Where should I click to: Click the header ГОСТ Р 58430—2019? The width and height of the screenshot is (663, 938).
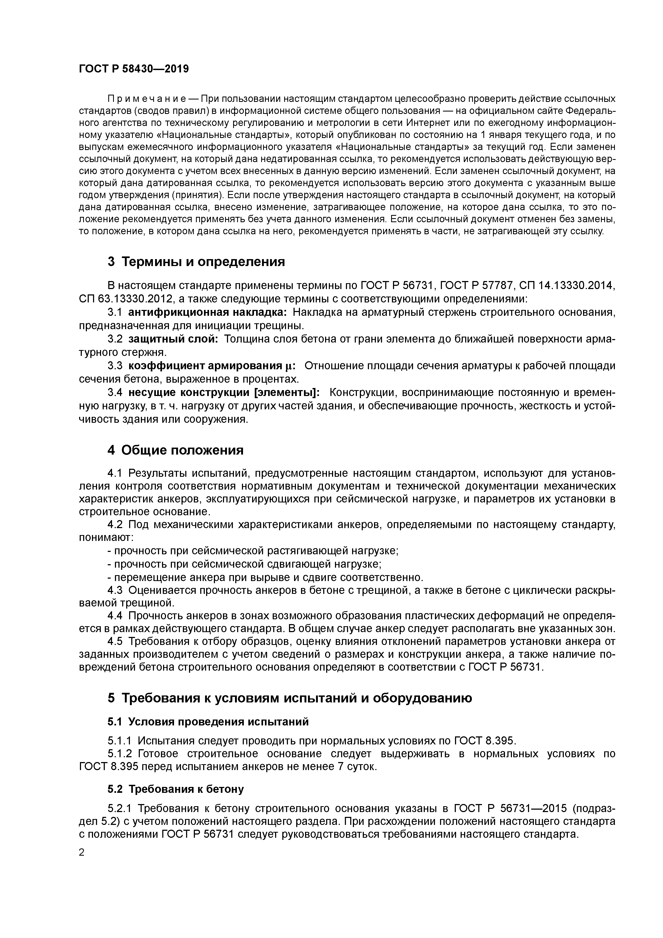click(134, 69)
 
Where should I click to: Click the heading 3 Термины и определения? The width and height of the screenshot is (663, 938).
click(196, 262)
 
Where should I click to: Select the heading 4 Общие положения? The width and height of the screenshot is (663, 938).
click(175, 450)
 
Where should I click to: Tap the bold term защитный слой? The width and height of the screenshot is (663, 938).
click(173, 339)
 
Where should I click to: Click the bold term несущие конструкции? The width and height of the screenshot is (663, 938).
click(224, 393)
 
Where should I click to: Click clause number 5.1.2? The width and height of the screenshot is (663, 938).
click(121, 754)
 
